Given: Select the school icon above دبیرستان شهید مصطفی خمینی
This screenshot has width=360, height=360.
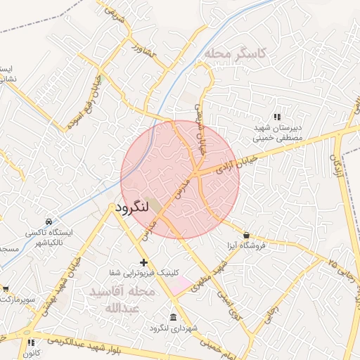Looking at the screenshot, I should pyautogui.click(x=276, y=116).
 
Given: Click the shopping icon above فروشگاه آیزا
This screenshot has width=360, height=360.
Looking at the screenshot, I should pyautogui.click(x=246, y=235).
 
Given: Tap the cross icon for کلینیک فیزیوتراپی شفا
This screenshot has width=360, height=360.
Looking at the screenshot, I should pyautogui.click(x=144, y=262).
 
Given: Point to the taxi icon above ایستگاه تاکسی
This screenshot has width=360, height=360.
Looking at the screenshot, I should pyautogui.click(x=48, y=221).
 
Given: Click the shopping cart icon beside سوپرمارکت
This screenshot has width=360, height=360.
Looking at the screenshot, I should pyautogui.click(x=6, y=288).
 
